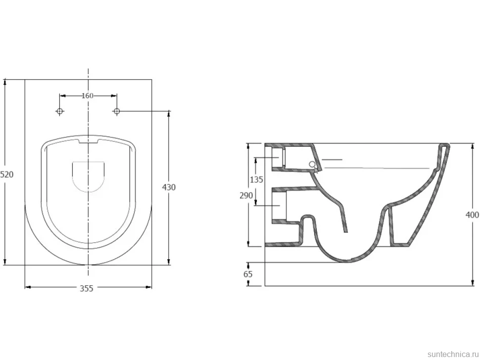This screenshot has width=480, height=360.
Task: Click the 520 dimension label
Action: [x=7, y=175]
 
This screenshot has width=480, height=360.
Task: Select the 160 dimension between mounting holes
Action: [x=88, y=96]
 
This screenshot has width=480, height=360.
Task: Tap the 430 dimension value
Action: [x=169, y=187]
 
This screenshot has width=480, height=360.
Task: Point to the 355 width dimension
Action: [x=87, y=288]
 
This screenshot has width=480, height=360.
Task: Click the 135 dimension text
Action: [x=256, y=180]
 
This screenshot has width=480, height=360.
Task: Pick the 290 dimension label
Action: [x=246, y=195]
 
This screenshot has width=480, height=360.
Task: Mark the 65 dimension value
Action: [x=248, y=274]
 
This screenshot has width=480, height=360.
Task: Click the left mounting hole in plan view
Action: [x=60, y=111]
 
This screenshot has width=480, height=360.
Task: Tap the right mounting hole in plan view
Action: [x=116, y=111]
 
